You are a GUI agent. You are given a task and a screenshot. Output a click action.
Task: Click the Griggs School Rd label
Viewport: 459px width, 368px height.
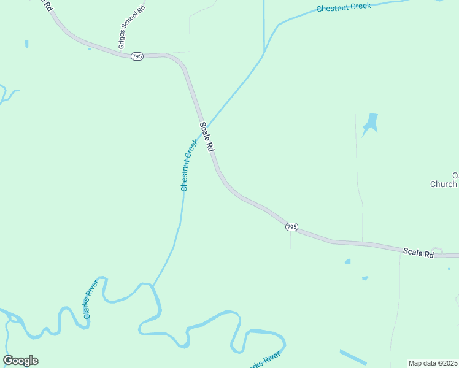[x=131, y=27]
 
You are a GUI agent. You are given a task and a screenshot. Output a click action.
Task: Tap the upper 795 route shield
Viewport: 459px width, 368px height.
[x=137, y=56]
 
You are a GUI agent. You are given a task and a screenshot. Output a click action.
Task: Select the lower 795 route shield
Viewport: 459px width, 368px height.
[x=291, y=227]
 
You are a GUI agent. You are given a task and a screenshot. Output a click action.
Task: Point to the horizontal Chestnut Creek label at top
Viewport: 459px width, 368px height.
[x=344, y=7]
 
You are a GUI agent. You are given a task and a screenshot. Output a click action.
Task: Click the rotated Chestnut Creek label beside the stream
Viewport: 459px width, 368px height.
[x=189, y=165]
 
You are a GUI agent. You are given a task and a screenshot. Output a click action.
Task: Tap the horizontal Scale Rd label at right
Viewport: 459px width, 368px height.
[x=418, y=252]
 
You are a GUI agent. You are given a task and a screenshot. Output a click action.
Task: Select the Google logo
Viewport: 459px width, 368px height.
[x=20, y=361]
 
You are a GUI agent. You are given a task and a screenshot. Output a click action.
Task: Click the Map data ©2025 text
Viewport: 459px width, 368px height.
[x=433, y=363]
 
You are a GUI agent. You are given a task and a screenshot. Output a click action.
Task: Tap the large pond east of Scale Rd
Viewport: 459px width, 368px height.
[x=370, y=123]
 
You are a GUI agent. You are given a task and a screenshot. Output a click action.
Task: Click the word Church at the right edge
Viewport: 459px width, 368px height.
[x=443, y=184]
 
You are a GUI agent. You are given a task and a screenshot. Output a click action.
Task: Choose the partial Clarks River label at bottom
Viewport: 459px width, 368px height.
[x=265, y=361]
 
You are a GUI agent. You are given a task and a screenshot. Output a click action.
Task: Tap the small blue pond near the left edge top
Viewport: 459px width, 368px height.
[x=26, y=44]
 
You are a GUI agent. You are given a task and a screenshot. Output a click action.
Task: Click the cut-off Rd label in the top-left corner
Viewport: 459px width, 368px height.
[x=47, y=5]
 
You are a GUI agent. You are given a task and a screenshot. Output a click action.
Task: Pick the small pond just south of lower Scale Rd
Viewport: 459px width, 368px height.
[x=348, y=262]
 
